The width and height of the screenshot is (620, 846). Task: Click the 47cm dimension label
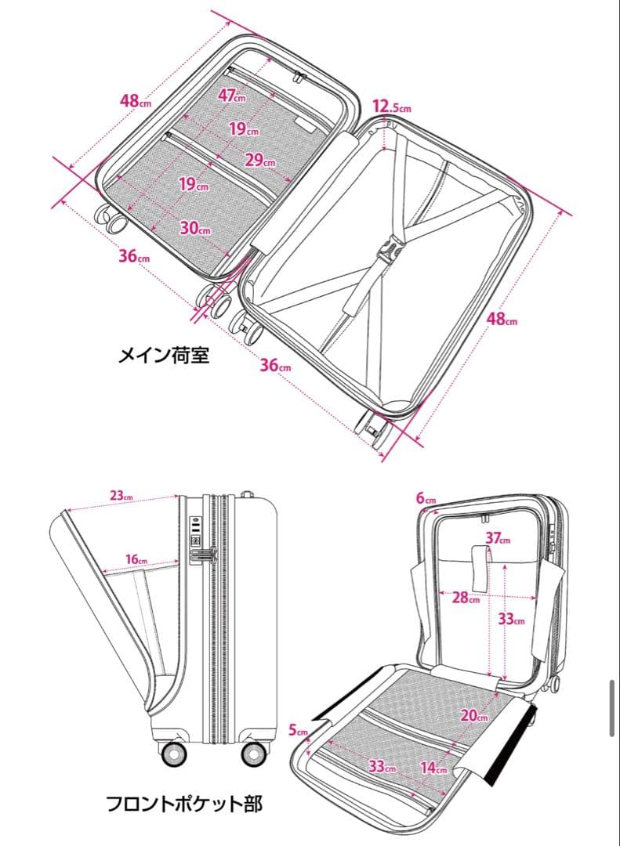231,96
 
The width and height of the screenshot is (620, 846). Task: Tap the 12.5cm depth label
391,107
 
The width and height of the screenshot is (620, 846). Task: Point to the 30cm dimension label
195,228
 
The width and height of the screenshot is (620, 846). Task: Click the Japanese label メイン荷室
165,356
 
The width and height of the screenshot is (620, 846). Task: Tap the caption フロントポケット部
184,803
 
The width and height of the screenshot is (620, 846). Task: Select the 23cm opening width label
121,495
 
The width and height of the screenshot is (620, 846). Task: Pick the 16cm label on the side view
136,559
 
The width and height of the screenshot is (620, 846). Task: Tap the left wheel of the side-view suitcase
173,754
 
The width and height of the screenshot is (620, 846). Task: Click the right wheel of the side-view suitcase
253,754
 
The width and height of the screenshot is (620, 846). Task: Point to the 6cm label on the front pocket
426,498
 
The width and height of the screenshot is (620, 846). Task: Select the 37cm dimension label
498,538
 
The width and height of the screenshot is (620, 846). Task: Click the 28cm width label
466,598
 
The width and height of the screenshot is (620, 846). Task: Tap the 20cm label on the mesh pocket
474,714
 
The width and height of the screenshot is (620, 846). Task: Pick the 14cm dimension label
433,767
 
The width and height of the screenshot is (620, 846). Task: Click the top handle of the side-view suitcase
246,495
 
